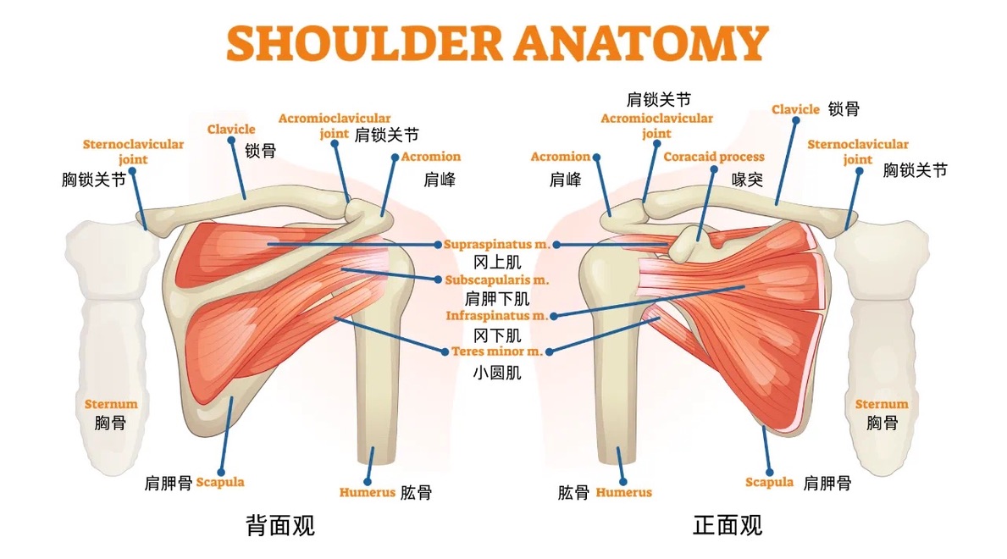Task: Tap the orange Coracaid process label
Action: (x=713, y=157)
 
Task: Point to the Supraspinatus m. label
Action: (x=497, y=244)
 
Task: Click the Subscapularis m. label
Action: (x=497, y=279)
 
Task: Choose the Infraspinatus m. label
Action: (x=497, y=315)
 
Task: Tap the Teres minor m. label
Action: (x=497, y=351)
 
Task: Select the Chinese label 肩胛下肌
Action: (x=497, y=298)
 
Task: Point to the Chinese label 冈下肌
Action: (x=497, y=335)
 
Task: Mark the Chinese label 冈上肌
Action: (x=497, y=263)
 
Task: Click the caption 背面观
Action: (x=280, y=525)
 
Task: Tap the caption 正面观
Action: (x=728, y=525)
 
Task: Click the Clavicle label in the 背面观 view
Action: (x=231, y=130)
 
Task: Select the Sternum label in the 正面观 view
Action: (x=881, y=404)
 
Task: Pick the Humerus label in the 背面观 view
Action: (x=367, y=492)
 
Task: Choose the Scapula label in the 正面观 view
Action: (x=769, y=482)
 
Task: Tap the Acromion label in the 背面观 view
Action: (x=430, y=157)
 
